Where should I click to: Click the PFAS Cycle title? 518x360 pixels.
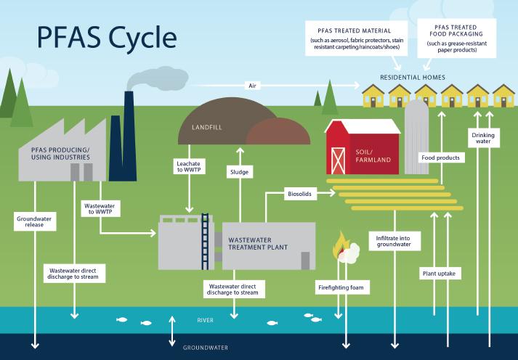pyautogui.click(x=101, y=36)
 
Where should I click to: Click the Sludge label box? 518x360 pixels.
pyautogui.click(x=238, y=172)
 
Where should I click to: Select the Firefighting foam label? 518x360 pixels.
pyautogui.click(x=339, y=288)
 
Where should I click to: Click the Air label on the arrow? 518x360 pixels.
pyautogui.click(x=252, y=85)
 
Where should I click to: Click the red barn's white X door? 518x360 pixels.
pyautogui.click(x=338, y=160)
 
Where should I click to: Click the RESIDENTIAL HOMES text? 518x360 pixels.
pyautogui.click(x=413, y=76)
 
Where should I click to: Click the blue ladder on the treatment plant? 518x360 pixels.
pyautogui.click(x=206, y=232)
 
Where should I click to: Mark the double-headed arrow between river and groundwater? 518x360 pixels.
pyautogui.click(x=172, y=331)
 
